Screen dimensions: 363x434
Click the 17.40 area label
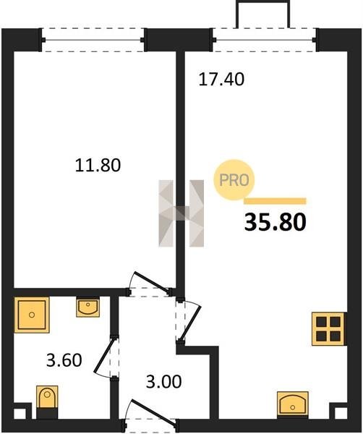[x=221, y=79]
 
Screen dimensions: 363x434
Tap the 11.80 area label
[x=98, y=165]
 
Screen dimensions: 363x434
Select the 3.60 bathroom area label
[x=64, y=360]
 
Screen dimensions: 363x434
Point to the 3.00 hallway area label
[x=164, y=381]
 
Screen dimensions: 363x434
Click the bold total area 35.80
[x=276, y=222]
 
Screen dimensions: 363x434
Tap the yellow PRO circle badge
[x=234, y=180]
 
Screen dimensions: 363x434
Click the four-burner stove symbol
[x=328, y=329]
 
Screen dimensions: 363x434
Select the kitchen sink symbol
[x=293, y=404]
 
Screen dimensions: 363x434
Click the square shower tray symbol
[x=32, y=315]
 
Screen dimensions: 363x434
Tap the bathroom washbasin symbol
[x=88, y=307]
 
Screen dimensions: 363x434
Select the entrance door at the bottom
[x=153, y=412]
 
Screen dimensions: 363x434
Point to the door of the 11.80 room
[x=152, y=283]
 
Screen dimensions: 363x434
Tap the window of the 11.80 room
[x=93, y=40]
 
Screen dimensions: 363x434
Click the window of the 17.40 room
[x=265, y=40]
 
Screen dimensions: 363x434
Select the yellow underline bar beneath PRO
[x=275, y=201]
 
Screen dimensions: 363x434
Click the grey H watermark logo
[x=181, y=213]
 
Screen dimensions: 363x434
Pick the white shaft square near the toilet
[x=19, y=414]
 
